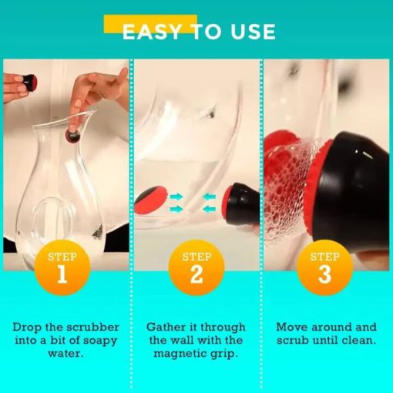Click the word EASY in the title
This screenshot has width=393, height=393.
point(152,32)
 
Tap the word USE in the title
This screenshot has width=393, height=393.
point(253,32)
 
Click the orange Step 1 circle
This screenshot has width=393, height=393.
point(62,267)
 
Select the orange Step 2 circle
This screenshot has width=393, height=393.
point(196,267)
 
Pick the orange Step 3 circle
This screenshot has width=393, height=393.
point(325,267)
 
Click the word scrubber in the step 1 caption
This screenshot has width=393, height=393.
point(92,327)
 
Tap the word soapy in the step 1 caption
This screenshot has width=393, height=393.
point(102,341)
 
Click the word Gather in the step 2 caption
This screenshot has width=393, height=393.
point(166,327)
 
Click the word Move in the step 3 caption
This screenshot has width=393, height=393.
point(292,327)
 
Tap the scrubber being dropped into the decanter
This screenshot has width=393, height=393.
point(73,136)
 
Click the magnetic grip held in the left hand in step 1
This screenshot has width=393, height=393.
point(29,82)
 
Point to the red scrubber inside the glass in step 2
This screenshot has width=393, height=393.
point(151,200)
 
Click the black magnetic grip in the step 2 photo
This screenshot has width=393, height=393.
point(241,203)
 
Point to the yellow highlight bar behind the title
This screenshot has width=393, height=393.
point(150,24)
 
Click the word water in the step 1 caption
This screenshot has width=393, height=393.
point(65,354)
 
